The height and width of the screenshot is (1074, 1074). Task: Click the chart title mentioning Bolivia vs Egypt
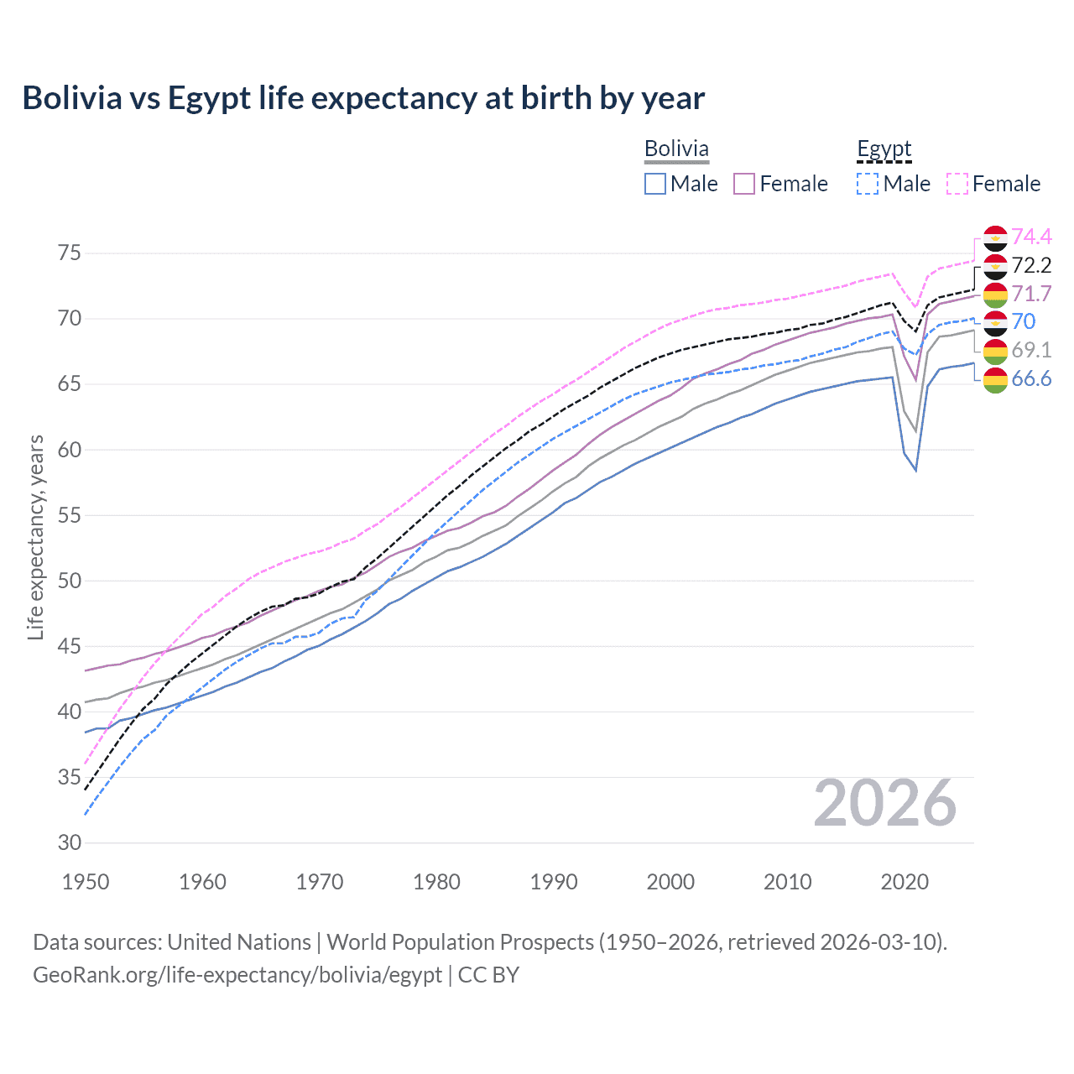point(363,98)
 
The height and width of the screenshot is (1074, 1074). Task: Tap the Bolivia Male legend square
point(655,184)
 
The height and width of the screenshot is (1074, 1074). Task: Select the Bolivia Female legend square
point(744,184)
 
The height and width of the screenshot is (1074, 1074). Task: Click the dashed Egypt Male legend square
point(868,184)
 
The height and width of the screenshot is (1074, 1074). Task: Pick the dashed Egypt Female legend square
point(957,184)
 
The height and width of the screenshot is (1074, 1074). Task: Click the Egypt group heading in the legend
point(884,149)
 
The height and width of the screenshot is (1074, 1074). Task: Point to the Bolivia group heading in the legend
point(676,149)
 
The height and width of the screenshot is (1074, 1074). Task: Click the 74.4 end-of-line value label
point(1031,237)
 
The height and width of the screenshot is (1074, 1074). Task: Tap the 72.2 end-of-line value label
point(1031,266)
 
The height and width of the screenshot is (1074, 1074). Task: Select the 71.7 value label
point(1031,294)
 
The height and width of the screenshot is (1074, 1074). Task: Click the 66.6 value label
point(1031,379)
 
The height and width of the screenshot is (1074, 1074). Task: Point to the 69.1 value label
point(1031,350)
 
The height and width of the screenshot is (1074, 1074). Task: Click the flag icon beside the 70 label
point(995,322)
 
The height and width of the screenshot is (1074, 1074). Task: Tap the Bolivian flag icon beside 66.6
point(995,379)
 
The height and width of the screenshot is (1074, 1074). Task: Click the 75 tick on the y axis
point(70,253)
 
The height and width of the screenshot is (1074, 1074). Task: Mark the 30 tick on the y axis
point(70,842)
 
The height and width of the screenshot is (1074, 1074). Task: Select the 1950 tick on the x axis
point(86,882)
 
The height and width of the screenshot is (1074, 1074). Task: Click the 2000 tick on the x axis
point(670,882)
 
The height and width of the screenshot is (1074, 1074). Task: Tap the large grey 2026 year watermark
point(884,803)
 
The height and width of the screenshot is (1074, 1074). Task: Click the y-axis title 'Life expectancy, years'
point(35,537)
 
